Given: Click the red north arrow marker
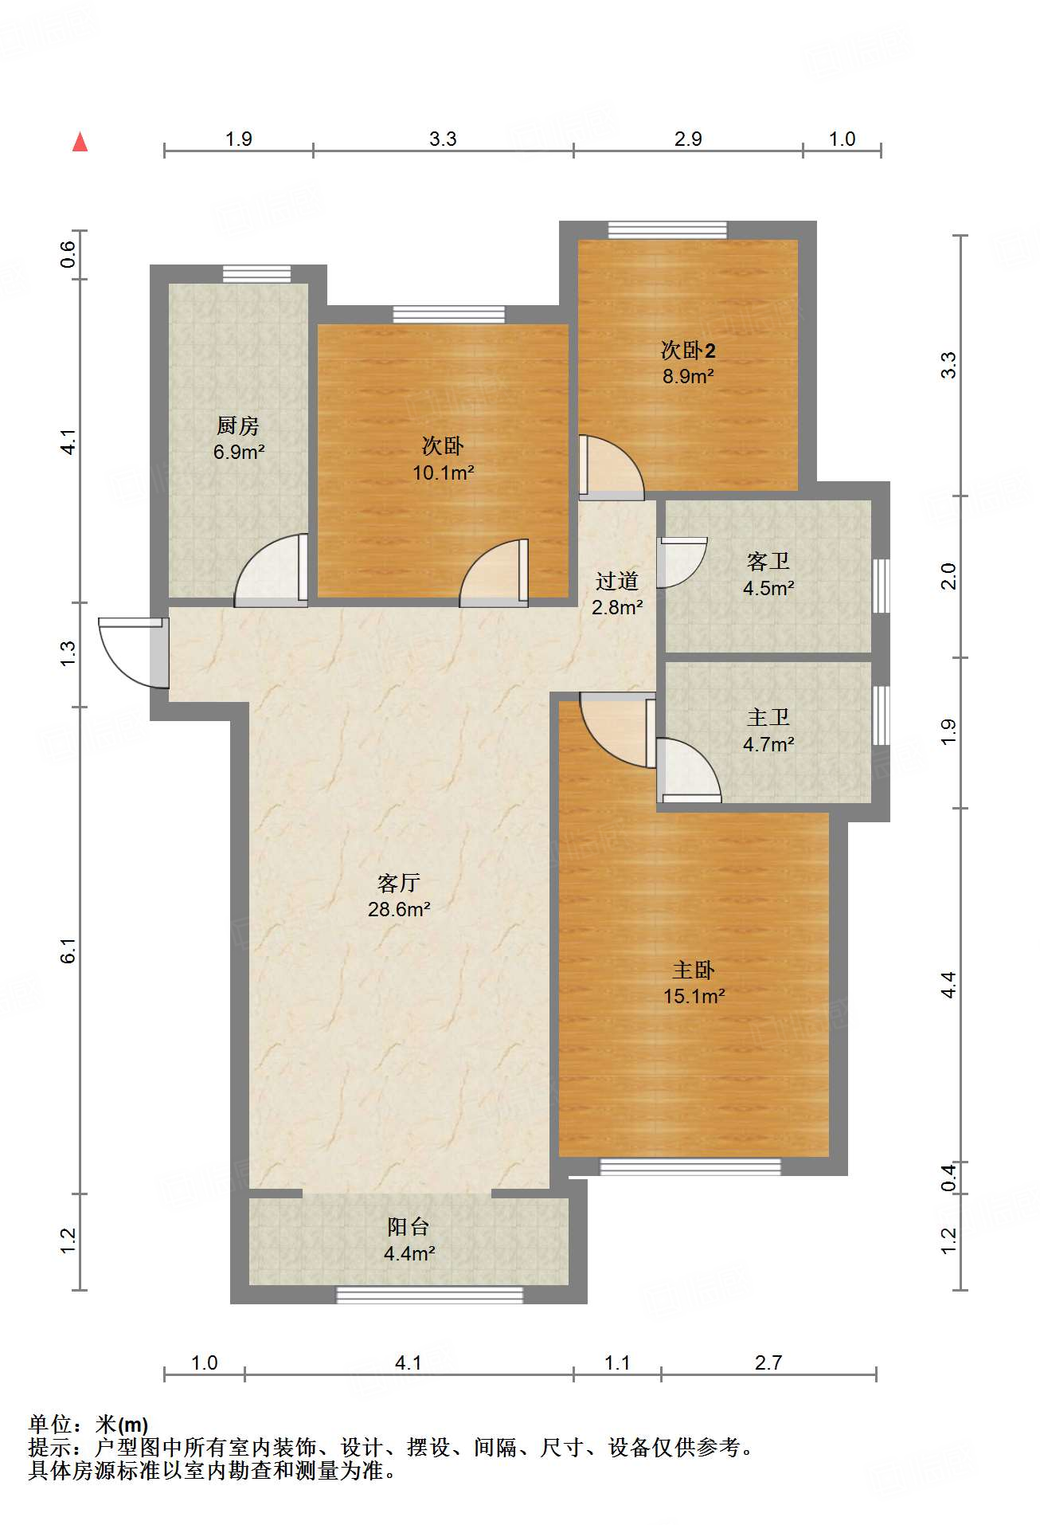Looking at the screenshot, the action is [80, 142].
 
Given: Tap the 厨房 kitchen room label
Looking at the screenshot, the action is [238, 426].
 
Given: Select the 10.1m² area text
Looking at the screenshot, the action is [444, 472].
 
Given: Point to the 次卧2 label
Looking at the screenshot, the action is [688, 351].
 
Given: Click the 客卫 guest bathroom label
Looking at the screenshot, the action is [768, 562].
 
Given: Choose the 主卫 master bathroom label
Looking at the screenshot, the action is [768, 718].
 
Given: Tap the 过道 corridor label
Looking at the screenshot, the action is [617, 582].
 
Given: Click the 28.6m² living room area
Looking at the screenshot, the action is [399, 909].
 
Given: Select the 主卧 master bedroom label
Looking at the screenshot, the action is [694, 970].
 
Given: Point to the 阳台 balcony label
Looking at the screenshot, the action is [409, 1228].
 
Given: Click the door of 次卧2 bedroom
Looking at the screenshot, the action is [612, 467].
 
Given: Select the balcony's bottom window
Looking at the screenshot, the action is [430, 1295].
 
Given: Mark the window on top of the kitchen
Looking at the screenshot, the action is [256, 273].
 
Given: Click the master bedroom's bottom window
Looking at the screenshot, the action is [690, 1167].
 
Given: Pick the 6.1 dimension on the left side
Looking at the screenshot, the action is [68, 951].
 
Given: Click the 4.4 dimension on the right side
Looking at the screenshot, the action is [948, 986].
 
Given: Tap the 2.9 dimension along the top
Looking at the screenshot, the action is [688, 139].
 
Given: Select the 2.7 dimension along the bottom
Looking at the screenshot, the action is [768, 1363].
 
